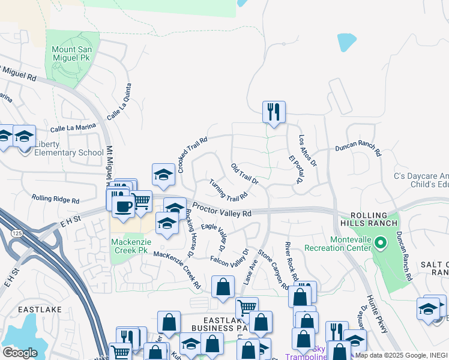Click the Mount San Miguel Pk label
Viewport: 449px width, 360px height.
72,54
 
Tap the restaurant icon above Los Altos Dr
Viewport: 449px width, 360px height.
274,112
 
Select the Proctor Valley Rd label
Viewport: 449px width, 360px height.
221,213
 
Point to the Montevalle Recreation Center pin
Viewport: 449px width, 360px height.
380,243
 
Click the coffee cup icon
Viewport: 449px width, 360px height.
124,206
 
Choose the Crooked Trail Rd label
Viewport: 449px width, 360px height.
192,154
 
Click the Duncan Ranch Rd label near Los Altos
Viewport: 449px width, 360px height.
358,148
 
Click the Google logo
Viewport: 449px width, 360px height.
20,353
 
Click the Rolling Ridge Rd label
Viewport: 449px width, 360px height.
55,198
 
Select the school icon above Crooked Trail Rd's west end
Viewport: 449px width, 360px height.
163,174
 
